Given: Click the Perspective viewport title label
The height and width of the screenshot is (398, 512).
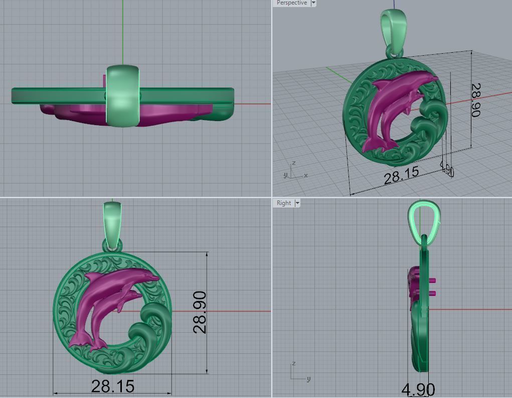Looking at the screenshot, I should (x=291, y=3).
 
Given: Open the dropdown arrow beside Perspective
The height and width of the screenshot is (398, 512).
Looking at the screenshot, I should (x=313, y=3).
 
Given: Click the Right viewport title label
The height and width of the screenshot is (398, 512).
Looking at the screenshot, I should (x=283, y=203).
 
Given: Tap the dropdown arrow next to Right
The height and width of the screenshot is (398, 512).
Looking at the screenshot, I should (x=297, y=203).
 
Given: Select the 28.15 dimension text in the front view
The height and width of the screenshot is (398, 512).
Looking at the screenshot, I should (x=113, y=386).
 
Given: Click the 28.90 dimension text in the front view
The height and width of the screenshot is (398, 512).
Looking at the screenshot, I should (x=200, y=312).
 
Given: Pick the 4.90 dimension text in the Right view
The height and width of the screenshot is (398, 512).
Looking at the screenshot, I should (x=418, y=389).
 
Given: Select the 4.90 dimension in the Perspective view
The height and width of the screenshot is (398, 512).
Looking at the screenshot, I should (x=447, y=170).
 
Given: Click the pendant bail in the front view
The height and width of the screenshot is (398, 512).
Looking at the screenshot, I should (x=112, y=221).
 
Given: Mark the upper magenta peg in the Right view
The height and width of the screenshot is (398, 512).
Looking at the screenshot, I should (x=433, y=280).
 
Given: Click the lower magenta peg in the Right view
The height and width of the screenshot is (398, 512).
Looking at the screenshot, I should (x=433, y=293).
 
